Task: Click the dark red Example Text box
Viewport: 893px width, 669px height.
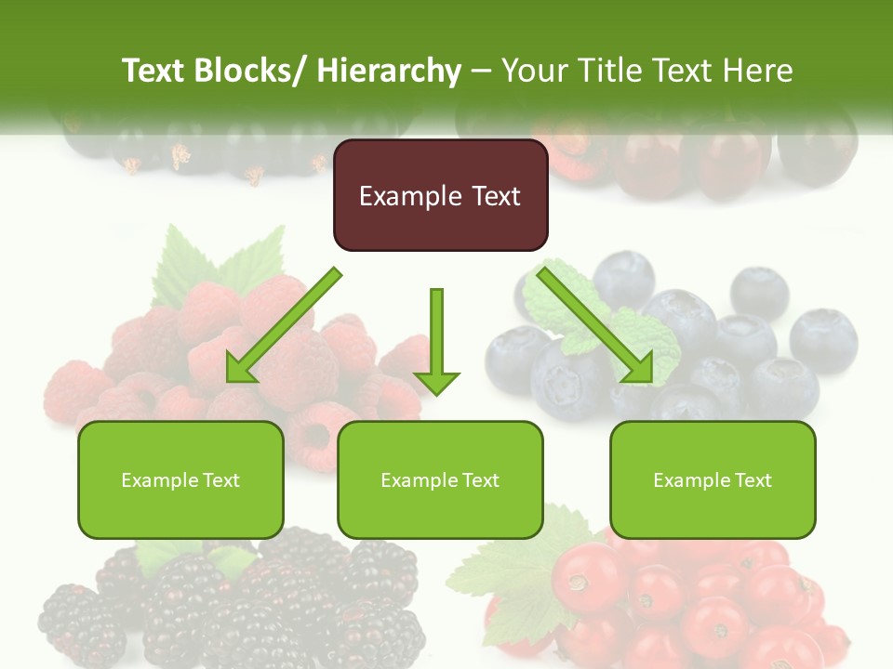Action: (440, 195)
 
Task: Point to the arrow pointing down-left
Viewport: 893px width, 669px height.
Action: (284, 325)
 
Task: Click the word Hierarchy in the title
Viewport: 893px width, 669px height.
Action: (389, 72)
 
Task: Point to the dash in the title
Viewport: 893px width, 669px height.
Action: (481, 72)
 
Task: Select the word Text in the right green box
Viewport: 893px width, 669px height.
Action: (753, 479)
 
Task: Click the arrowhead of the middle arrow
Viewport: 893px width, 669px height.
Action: (436, 381)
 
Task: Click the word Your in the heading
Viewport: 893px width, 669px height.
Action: (533, 72)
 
